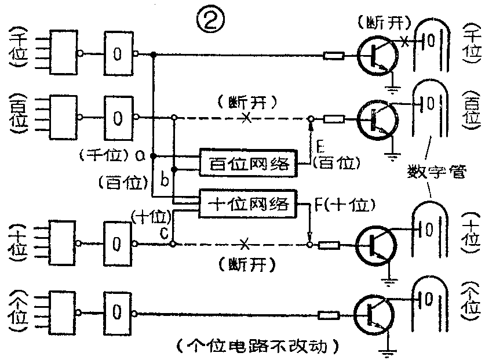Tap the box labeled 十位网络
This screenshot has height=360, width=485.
tap(247, 204)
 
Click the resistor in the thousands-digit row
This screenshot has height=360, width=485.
tap(333, 56)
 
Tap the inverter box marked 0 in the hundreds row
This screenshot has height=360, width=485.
tap(118, 118)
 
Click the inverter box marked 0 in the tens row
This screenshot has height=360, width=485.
tap(118, 243)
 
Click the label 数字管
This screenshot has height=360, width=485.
tap(432, 172)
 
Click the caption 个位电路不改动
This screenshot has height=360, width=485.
tap(258, 346)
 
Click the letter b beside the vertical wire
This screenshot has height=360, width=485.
tap(164, 180)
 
